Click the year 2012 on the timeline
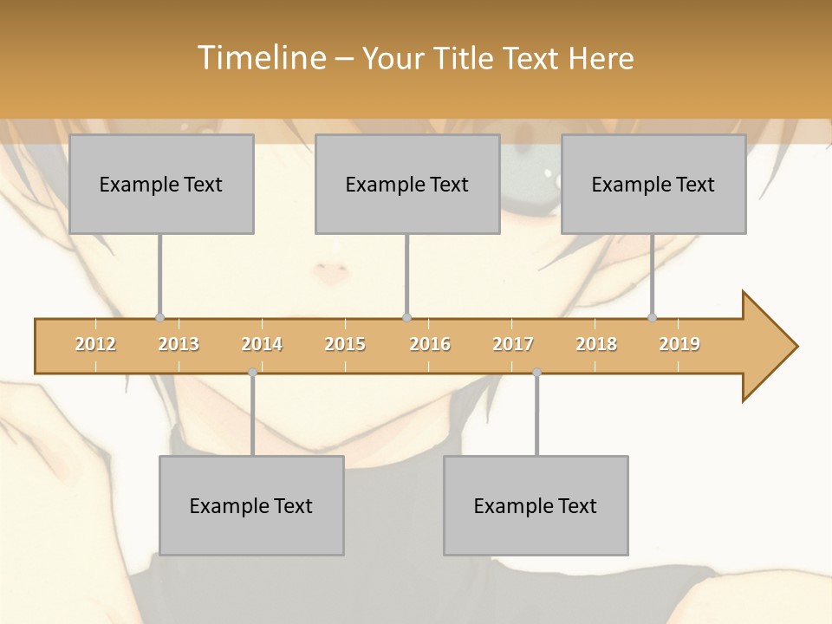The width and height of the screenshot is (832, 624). click(95, 344)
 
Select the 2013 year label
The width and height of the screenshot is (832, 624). click(179, 344)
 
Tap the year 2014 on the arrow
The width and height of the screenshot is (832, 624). click(262, 344)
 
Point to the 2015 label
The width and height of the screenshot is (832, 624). click(345, 344)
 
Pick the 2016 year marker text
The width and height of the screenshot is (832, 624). click(430, 344)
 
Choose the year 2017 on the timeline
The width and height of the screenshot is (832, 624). click(513, 344)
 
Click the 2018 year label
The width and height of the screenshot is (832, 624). click(596, 344)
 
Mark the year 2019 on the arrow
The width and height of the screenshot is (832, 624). click(679, 344)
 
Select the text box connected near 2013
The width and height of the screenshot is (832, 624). click(161, 184)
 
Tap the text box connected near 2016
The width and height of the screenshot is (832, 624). click(407, 184)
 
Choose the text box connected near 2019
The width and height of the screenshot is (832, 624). click(653, 184)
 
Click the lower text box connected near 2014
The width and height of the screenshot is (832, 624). click(251, 505)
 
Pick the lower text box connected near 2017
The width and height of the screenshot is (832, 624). click(536, 505)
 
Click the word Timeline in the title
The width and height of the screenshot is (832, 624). click(260, 58)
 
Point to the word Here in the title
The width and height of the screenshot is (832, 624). click(601, 58)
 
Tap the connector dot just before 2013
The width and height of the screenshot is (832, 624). click(159, 317)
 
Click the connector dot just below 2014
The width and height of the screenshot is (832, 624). click(252, 372)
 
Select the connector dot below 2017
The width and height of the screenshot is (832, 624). click(536, 372)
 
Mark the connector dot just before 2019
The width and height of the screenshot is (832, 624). click(652, 317)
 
